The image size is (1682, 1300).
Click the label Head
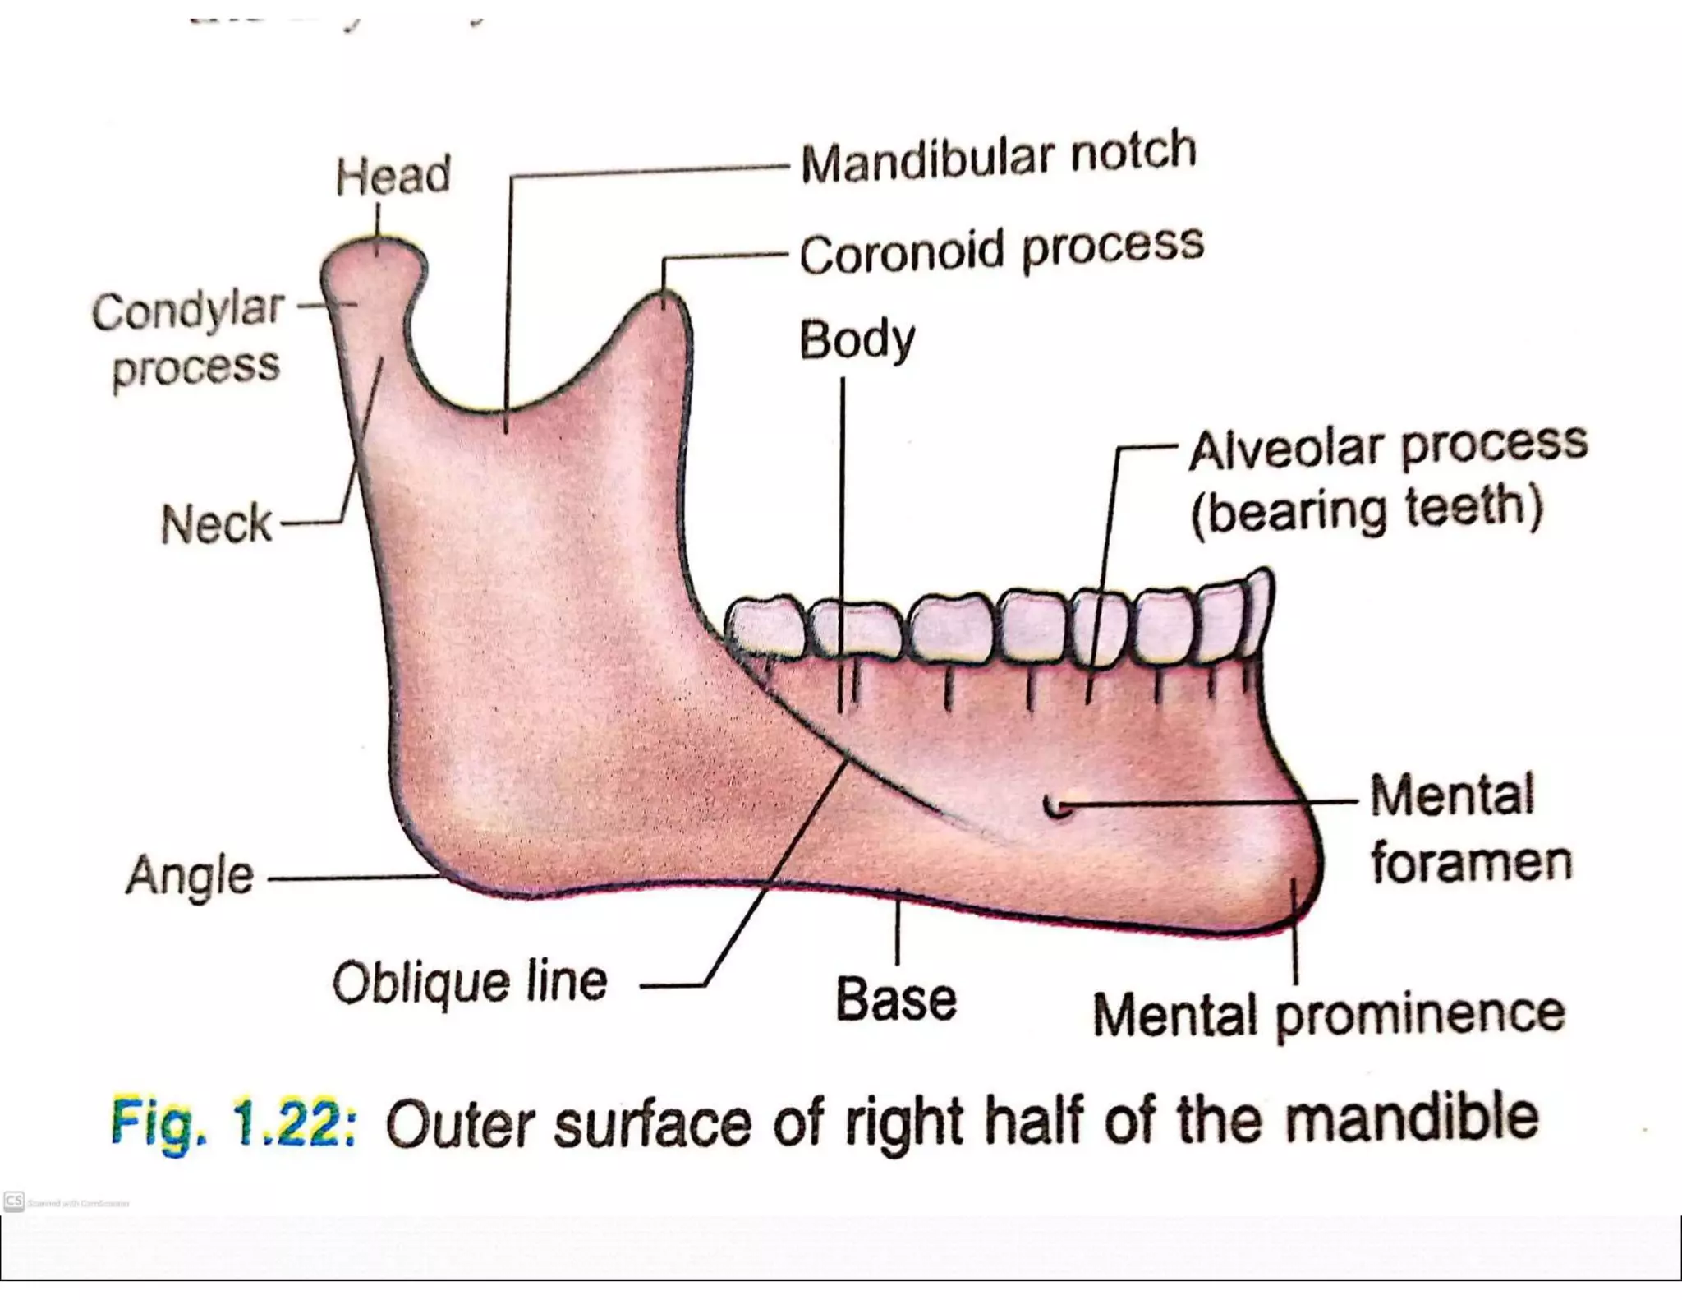393,175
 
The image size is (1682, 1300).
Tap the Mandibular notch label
998,156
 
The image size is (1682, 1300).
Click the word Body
857,340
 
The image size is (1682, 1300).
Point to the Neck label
216,524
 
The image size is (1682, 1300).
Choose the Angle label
190,876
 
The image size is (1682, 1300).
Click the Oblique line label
470,982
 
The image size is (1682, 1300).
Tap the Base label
896,1000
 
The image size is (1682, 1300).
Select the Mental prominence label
1328,1015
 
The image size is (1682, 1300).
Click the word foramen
1471,863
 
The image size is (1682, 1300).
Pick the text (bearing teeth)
1367,510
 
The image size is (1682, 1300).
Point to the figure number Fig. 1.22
233,1123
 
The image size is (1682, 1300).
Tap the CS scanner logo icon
13,1201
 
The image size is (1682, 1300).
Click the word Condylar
188,311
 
